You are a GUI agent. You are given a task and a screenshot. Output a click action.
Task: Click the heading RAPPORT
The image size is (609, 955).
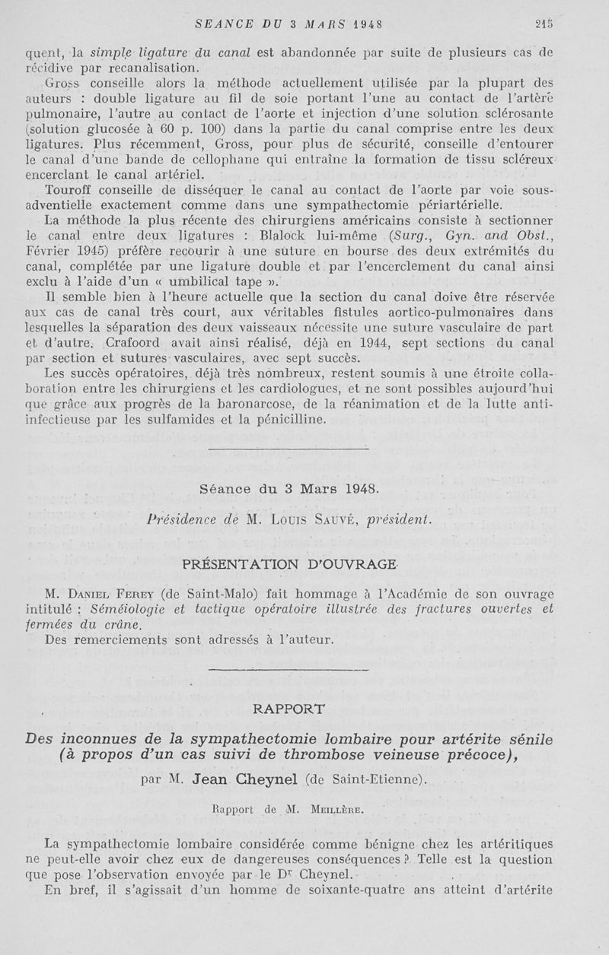(288, 709)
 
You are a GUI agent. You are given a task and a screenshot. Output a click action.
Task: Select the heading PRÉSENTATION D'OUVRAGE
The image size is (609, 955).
(289, 563)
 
